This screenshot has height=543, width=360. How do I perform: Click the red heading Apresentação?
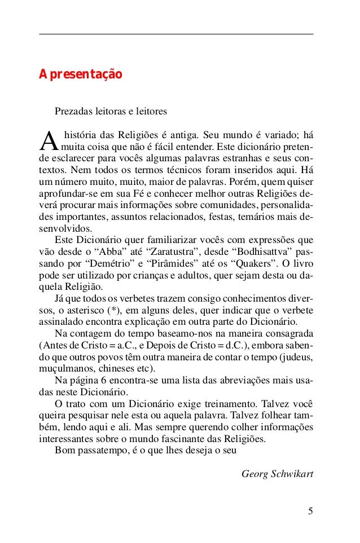pos(79,74)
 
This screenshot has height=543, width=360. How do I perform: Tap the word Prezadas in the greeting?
pos(72,112)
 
